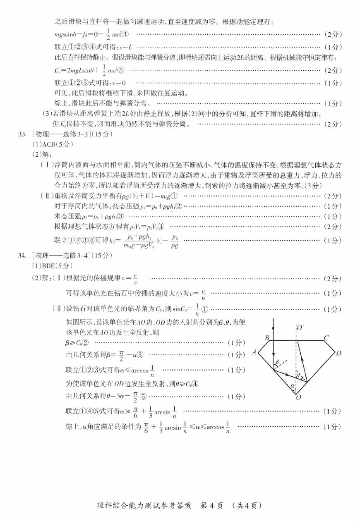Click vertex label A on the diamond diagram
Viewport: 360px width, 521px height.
coord(255,353)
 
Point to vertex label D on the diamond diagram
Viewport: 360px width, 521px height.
coord(338,353)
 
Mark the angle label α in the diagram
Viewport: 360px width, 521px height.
coord(293,387)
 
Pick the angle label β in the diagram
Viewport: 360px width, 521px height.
coord(277,363)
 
